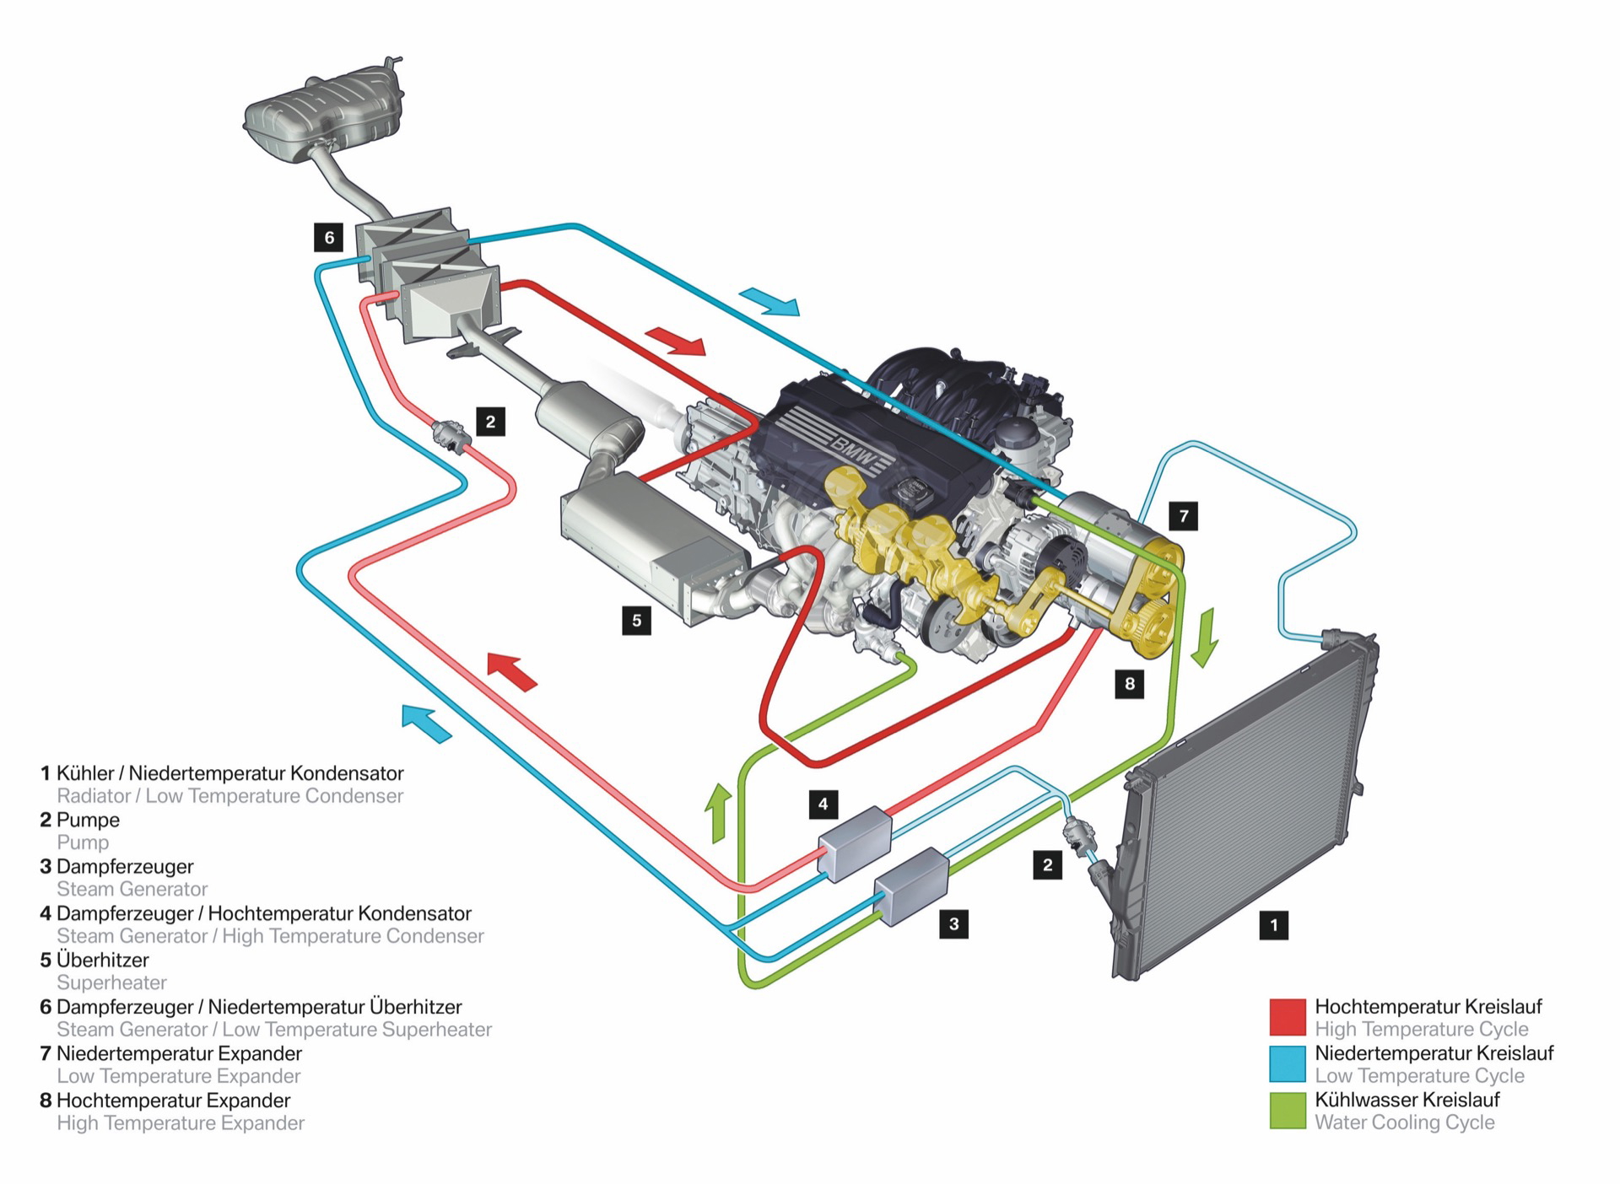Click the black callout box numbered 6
(x=329, y=238)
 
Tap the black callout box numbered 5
(x=636, y=621)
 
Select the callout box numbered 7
(x=1184, y=515)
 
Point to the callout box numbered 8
(x=1130, y=683)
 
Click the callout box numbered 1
(x=1273, y=924)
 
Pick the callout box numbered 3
(x=953, y=923)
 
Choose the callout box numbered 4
(x=823, y=804)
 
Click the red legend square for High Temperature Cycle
(x=1288, y=1017)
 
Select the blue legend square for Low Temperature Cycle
(x=1288, y=1064)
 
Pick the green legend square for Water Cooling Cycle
(x=1288, y=1111)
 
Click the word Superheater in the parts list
(x=111, y=982)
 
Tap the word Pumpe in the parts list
(x=88, y=820)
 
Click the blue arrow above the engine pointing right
(x=769, y=302)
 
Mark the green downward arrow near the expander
(x=1206, y=638)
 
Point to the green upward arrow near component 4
(x=719, y=812)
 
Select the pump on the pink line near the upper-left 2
(x=449, y=436)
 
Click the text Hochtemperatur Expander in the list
(x=173, y=1100)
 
